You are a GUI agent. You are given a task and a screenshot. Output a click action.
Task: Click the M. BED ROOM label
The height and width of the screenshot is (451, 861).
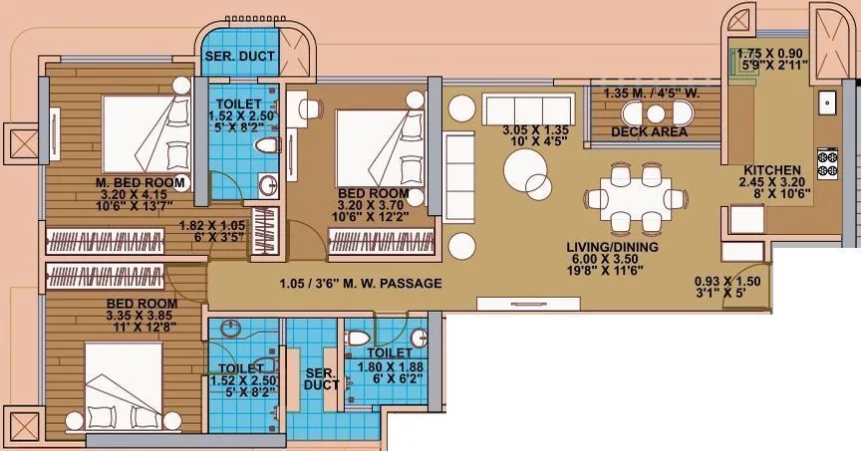click(x=141, y=183)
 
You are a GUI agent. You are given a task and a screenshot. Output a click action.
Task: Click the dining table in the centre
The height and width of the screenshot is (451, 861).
click(x=634, y=196)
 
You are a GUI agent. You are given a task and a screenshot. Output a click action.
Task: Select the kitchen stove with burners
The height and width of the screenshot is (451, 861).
click(x=827, y=161)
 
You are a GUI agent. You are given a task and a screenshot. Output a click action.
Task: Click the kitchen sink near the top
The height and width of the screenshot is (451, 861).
click(x=826, y=102)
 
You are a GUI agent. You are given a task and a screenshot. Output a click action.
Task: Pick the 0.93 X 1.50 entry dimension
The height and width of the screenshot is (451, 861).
click(x=727, y=282)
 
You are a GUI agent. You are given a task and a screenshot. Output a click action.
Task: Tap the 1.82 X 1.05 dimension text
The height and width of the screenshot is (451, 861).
click(x=211, y=225)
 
